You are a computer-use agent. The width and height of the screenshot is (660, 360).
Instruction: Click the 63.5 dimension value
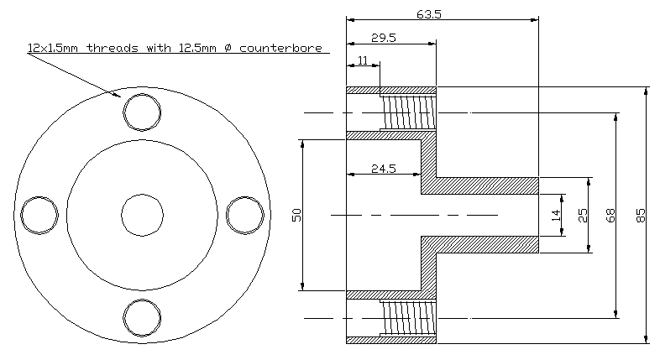429,14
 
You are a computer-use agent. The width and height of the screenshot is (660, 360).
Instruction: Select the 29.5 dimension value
384,38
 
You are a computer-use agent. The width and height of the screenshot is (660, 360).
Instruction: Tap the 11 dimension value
363,60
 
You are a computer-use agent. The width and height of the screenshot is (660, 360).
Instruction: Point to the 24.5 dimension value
384,169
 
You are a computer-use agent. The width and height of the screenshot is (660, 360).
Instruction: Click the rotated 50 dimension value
296,215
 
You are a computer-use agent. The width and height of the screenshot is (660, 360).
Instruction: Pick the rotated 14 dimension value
556,216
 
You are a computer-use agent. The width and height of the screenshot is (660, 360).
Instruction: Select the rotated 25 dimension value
583,216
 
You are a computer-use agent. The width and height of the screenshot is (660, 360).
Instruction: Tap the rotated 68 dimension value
610,216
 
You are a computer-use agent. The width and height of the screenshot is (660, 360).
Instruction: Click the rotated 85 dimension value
640,216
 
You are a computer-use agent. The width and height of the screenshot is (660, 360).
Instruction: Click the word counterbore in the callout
280,48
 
